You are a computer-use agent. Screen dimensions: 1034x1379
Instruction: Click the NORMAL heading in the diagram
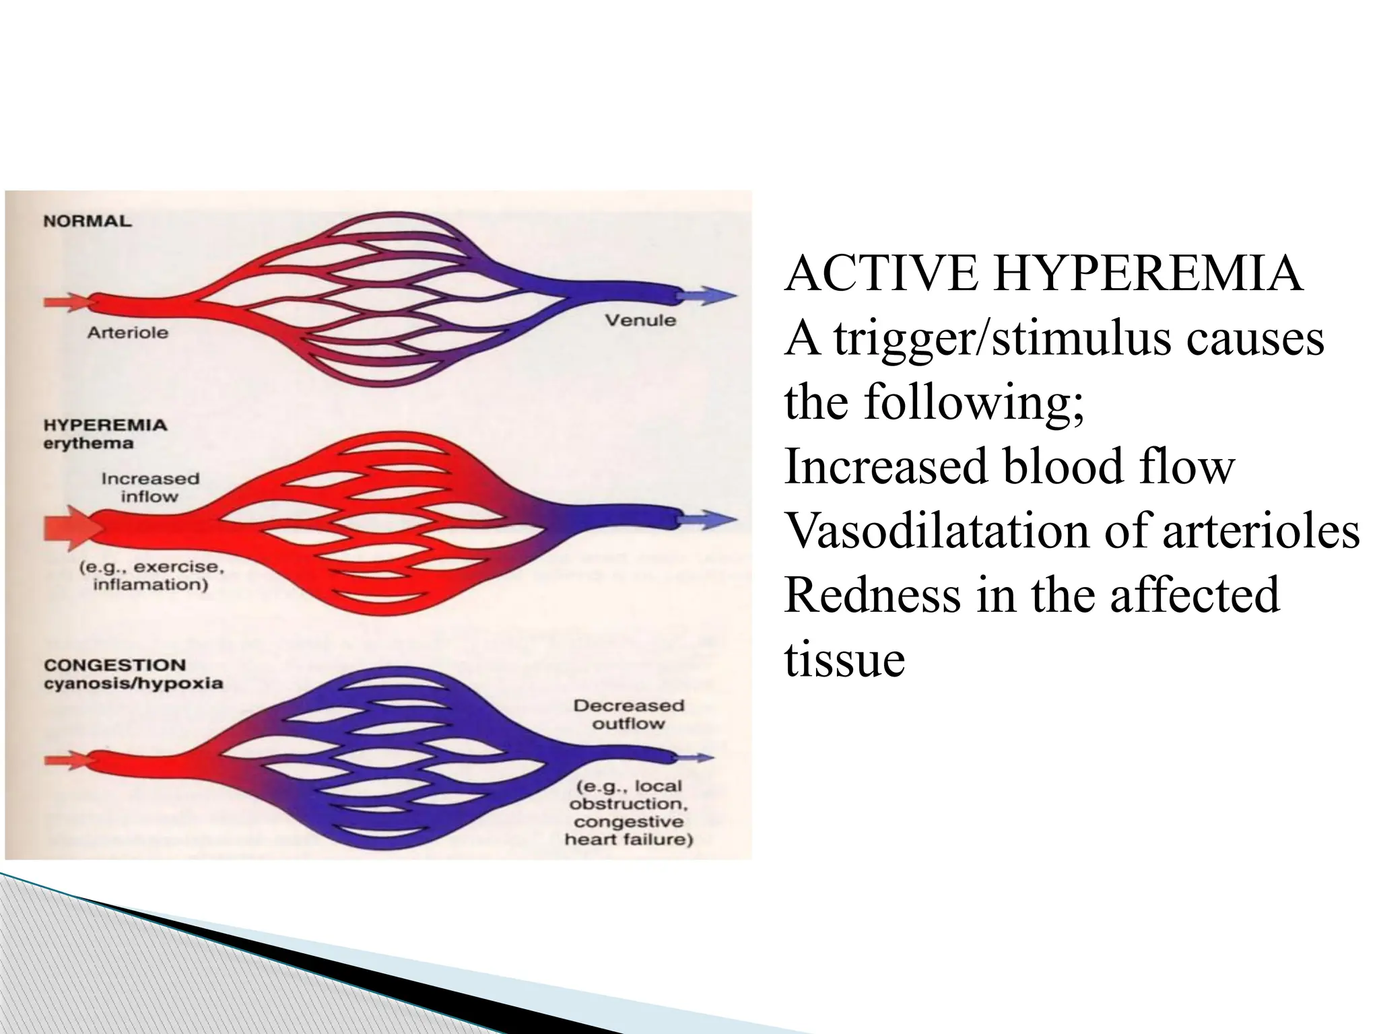tap(87, 221)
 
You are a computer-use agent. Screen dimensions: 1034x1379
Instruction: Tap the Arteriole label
tap(127, 333)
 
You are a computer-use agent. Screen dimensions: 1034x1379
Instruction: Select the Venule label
tap(640, 320)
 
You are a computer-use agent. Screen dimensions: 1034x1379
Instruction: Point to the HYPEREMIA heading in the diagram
tap(104, 425)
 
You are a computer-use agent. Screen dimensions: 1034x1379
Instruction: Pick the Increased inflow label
tap(150, 487)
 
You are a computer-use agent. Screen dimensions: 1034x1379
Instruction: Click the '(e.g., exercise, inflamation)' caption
tap(151, 575)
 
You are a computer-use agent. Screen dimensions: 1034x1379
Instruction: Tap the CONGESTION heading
tap(114, 665)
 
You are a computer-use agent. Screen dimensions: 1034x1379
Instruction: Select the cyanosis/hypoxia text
tap(133, 683)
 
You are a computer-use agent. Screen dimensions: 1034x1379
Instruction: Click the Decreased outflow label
tap(628, 714)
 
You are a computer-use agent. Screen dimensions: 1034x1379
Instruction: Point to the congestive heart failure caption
tap(628, 831)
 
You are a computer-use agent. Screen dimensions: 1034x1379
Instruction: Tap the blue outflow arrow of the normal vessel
tap(706, 295)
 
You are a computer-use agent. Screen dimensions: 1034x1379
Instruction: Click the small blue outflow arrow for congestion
tap(694, 758)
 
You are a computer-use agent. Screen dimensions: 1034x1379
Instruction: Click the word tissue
tap(844, 660)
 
